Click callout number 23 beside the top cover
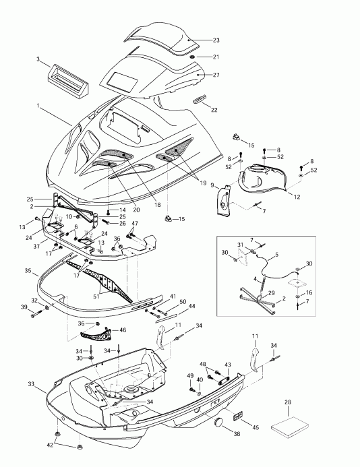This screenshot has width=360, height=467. [x=216, y=40]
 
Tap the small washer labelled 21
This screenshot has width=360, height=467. [x=192, y=57]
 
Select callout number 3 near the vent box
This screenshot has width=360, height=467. [x=38, y=59]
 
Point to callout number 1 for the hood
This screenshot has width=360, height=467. [x=38, y=105]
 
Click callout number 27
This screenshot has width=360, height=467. [x=216, y=75]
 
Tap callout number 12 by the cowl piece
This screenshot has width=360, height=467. [x=297, y=197]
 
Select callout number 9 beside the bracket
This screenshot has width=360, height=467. [x=212, y=185]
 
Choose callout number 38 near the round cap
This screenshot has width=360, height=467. [x=237, y=434]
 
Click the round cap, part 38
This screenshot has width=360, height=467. [x=219, y=423]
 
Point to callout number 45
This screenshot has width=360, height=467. [x=256, y=427]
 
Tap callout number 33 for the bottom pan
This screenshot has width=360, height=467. [x=32, y=384]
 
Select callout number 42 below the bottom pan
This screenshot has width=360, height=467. [x=50, y=445]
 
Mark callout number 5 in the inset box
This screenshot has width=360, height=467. [x=277, y=255]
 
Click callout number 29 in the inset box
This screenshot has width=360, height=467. [x=271, y=293]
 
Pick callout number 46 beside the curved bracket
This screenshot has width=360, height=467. [x=123, y=330]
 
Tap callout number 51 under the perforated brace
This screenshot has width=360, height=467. [x=96, y=297]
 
